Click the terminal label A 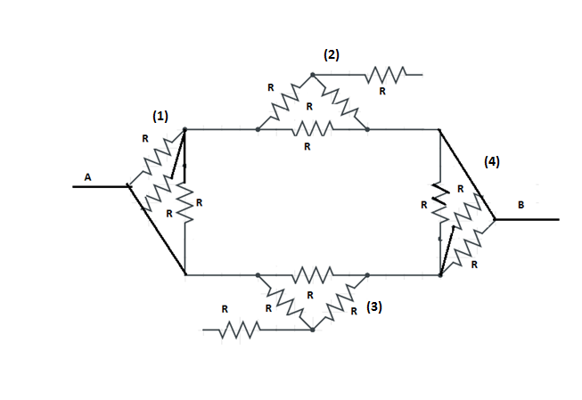point(87,177)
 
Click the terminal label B point(521,205)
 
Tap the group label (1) point(160,116)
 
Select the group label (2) point(331,55)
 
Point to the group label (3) point(375,306)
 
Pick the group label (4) point(492,162)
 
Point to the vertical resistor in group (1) point(184,204)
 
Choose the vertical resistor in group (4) point(440,204)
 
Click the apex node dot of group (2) point(312,75)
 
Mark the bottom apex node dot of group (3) point(313,330)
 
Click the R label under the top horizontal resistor point(307,146)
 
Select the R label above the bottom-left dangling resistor point(225,308)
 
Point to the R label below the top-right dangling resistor point(382,92)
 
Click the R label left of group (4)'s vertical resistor point(424,204)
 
